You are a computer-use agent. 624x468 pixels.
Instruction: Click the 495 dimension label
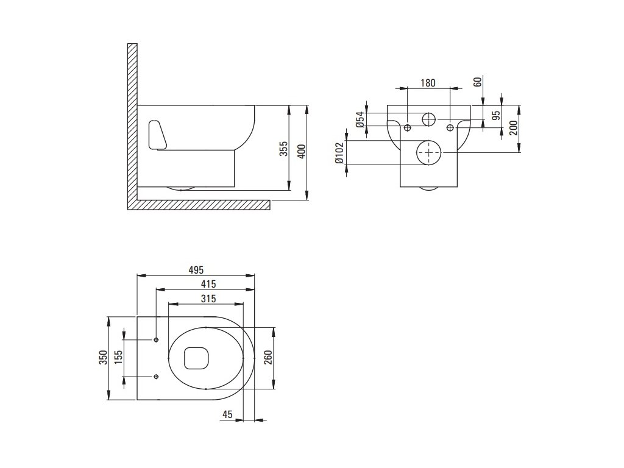click(x=195, y=270)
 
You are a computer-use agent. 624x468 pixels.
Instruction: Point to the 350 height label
click(x=104, y=358)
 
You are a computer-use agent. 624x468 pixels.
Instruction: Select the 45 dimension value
click(x=228, y=414)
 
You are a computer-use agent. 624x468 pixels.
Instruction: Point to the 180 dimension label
click(x=428, y=83)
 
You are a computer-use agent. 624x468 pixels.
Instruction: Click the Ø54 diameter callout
click(x=360, y=119)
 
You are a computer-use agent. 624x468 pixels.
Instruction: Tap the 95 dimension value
click(x=497, y=116)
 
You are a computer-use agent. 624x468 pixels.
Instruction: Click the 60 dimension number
click(x=478, y=82)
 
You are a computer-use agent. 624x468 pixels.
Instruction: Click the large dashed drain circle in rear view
click(x=429, y=152)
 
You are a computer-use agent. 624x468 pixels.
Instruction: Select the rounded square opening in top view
click(x=194, y=358)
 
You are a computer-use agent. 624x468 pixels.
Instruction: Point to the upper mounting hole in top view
click(x=157, y=339)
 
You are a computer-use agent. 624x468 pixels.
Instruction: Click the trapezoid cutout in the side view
click(x=156, y=135)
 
